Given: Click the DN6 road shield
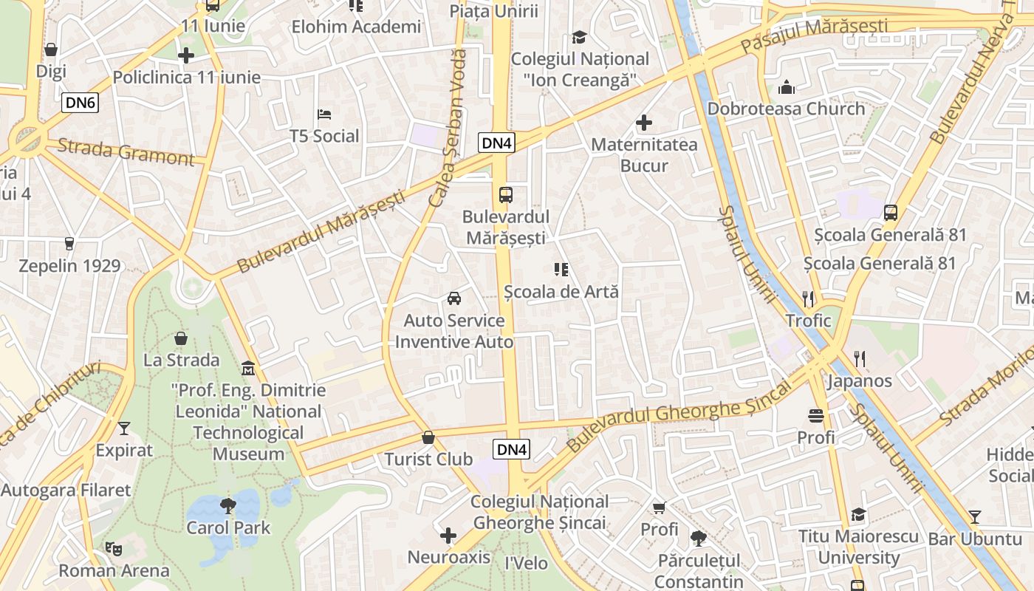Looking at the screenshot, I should point(80,103).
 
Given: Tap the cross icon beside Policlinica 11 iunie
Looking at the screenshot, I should point(186,55).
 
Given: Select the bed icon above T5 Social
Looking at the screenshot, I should point(324,115).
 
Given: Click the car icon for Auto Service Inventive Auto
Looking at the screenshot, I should point(454,298).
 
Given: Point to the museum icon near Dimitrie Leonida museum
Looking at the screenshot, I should point(248,368).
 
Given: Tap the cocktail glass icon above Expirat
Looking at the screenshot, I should point(123,428).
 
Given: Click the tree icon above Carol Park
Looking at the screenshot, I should point(228,506).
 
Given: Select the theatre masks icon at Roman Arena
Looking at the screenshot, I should point(113,548).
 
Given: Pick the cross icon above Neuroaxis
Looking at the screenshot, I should point(448,536).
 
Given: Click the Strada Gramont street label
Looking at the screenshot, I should point(126,151).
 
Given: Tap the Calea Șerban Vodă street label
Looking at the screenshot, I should point(448,127).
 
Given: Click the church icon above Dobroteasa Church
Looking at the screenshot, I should point(787,87).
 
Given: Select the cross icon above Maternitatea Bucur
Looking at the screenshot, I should point(644,123).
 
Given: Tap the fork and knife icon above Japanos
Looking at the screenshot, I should point(859,359).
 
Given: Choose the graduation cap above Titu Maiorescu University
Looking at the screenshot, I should point(858,514).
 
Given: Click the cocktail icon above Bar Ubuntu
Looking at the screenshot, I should point(975,517).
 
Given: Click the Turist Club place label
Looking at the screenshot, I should point(428,459).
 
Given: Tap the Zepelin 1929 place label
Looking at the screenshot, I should point(69,266).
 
